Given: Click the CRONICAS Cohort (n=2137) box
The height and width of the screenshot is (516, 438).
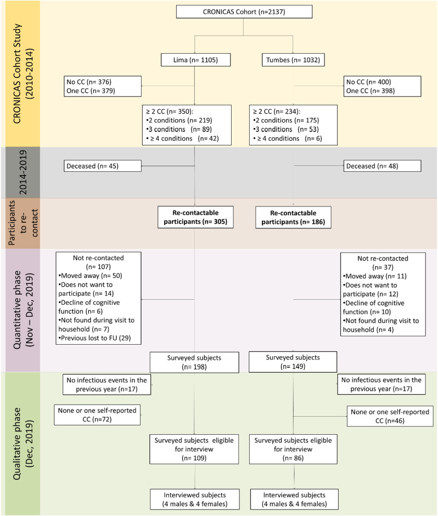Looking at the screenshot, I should [x=237, y=12].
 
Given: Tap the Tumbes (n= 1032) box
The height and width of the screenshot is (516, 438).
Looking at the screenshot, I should [x=293, y=60].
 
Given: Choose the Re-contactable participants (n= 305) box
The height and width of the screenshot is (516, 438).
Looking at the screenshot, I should [x=195, y=217].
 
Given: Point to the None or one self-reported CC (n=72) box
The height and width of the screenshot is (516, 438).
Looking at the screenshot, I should [x=98, y=415].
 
